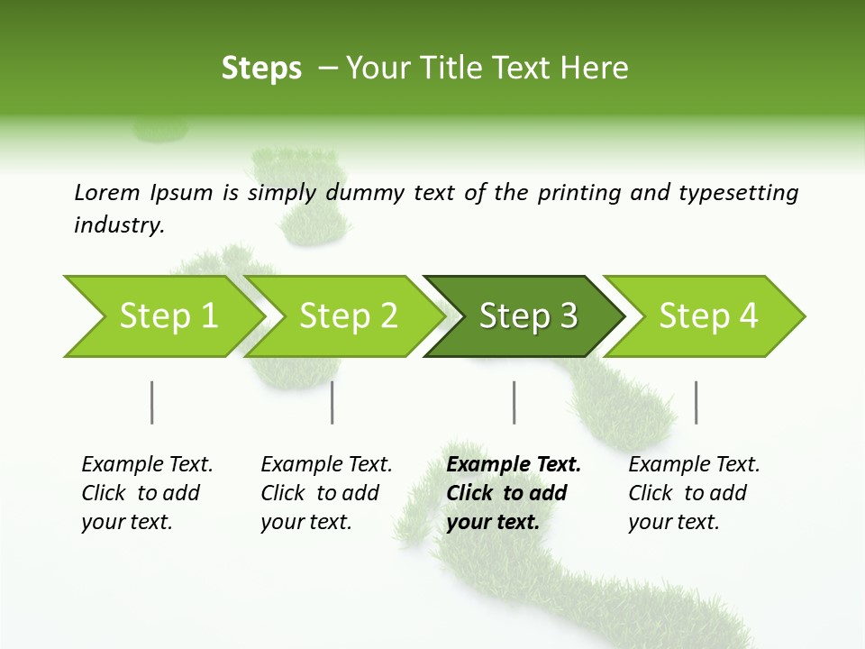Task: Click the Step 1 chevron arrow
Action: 168,316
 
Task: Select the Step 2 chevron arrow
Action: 348,316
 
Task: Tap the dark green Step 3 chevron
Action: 528,316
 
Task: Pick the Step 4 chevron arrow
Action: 708,316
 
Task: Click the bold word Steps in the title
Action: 261,69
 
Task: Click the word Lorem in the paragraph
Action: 107,192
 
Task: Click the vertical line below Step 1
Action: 151,402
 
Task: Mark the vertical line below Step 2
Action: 332,402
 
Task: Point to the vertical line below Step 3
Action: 514,402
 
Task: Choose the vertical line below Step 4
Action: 696,402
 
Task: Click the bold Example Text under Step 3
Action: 514,464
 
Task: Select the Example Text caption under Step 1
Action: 147,464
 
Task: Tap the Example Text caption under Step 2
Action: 326,464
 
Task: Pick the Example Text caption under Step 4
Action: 694,464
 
